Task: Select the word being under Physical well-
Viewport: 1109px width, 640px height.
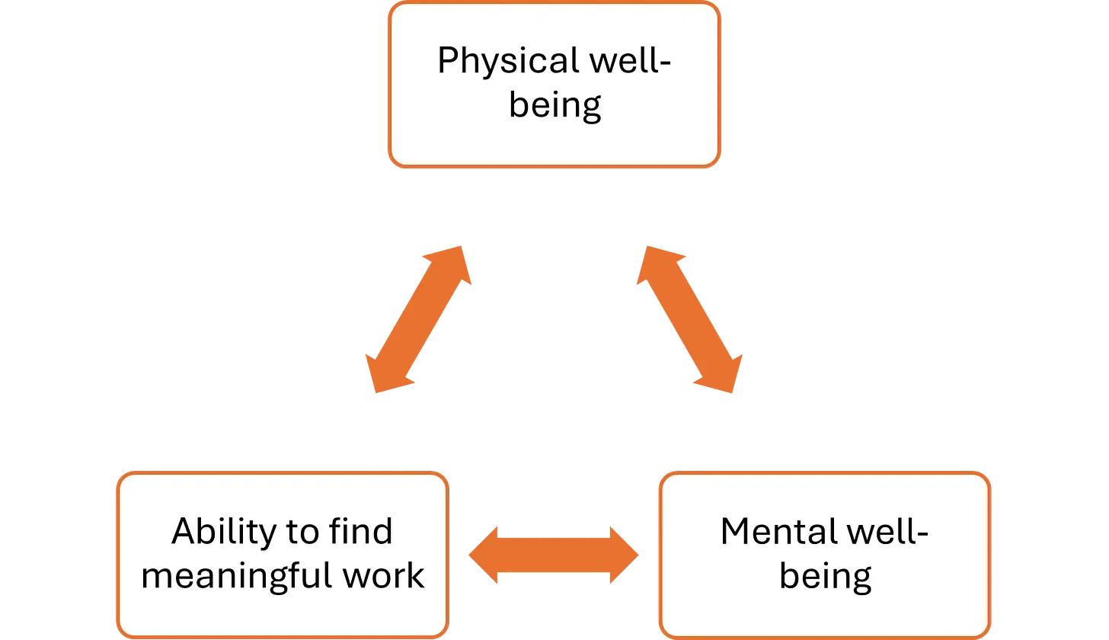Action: tap(555, 104)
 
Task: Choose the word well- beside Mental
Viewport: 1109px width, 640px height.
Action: tap(889, 531)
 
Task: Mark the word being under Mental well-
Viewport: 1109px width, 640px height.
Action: tap(826, 575)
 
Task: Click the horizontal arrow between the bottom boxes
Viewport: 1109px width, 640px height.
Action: tap(554, 556)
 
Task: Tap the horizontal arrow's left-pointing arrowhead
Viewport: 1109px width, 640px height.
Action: tap(484, 556)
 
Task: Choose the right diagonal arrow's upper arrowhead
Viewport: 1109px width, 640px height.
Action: tap(657, 263)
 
